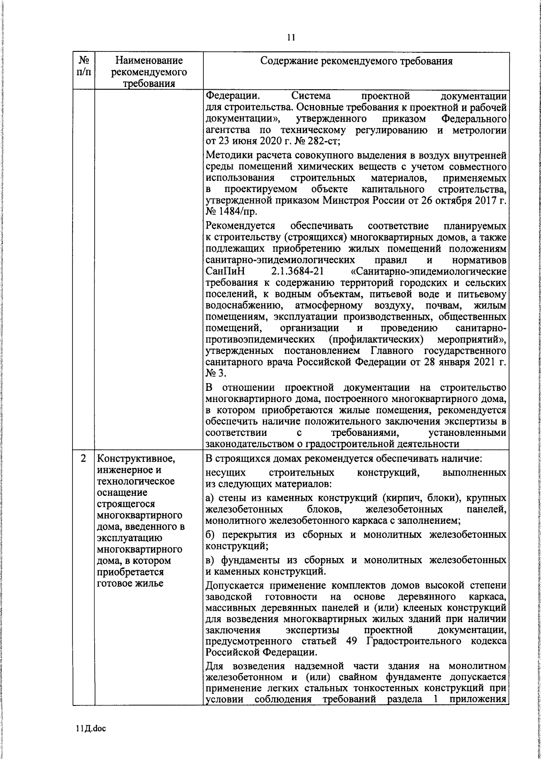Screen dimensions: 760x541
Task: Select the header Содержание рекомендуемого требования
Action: point(356,61)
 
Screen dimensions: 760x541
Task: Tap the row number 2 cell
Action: point(83,458)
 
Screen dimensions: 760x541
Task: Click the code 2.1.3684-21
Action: point(297,272)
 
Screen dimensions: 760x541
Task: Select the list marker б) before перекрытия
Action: point(210,535)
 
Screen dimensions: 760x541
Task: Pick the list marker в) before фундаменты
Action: point(210,560)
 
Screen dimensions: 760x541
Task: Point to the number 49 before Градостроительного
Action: point(351,641)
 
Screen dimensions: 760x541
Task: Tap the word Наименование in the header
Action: point(149,60)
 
